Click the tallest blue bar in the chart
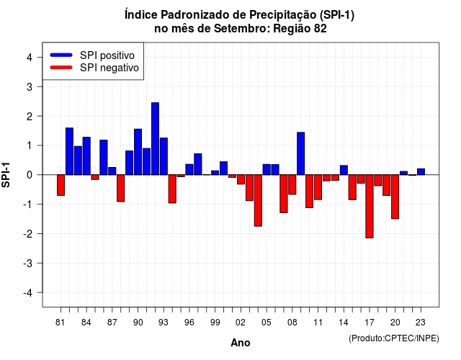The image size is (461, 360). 156,139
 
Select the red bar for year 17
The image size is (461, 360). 370,207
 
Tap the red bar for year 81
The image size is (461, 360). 61,185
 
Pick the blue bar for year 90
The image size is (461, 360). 138,152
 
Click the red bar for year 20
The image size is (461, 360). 395,197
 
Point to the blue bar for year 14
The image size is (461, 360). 344,170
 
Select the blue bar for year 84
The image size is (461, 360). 86,156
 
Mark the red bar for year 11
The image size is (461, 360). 318,187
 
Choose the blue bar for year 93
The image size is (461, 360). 164,156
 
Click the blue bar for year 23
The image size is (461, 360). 421,172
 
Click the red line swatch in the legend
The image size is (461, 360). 61,68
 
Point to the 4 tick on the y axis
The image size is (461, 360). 39,57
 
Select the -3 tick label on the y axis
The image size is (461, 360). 28,264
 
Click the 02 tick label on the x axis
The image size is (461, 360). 241,323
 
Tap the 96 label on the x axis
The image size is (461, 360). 189,323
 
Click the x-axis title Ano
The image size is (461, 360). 241,343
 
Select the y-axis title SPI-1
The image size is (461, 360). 6,175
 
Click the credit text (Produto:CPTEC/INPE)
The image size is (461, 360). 394,338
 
